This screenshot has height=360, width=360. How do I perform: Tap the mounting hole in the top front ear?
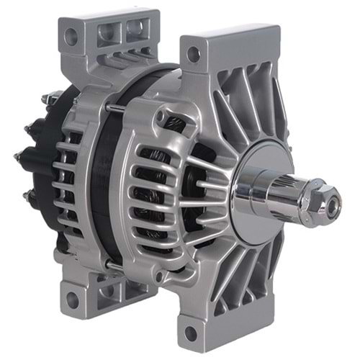point(193,53)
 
